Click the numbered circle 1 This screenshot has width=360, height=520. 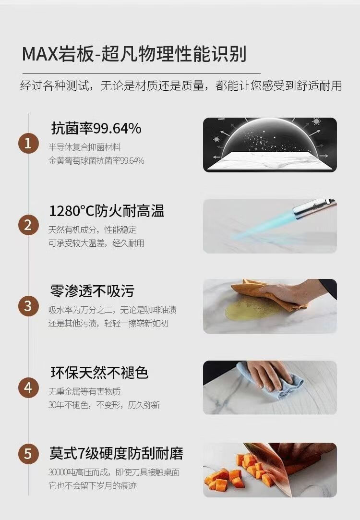point(28,144)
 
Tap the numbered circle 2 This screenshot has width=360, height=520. point(28,225)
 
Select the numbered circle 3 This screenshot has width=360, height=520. point(28,306)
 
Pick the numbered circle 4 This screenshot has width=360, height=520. point(28,387)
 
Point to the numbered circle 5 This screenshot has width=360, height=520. point(28,453)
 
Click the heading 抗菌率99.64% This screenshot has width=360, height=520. point(96,128)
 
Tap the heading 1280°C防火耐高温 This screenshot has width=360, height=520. point(107,211)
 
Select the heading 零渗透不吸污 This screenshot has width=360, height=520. point(92,291)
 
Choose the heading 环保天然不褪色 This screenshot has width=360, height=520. point(99,373)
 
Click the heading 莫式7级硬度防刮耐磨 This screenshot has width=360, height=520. point(116,453)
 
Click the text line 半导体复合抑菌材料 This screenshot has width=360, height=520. point(84,147)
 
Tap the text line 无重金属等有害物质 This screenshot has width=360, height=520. point(84,392)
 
